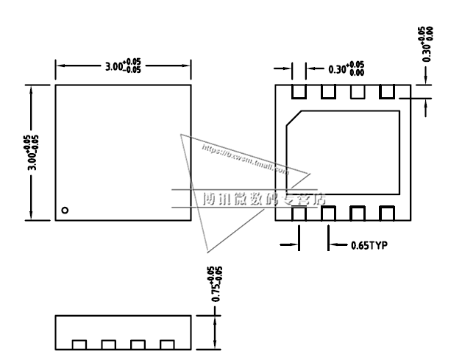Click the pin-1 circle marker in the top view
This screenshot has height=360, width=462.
point(65,211)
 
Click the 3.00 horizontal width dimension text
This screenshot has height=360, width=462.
point(122,66)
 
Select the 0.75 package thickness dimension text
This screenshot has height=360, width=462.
point(216,284)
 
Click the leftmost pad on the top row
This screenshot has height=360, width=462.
point(299,92)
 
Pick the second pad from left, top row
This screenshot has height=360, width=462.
point(328,92)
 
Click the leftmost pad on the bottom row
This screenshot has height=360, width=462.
point(299,213)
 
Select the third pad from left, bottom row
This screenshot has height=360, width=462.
point(358,213)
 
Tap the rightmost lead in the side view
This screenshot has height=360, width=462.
point(167,345)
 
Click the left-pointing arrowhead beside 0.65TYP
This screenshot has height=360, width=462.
point(333,245)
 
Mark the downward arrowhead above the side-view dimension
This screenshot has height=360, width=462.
point(215,311)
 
